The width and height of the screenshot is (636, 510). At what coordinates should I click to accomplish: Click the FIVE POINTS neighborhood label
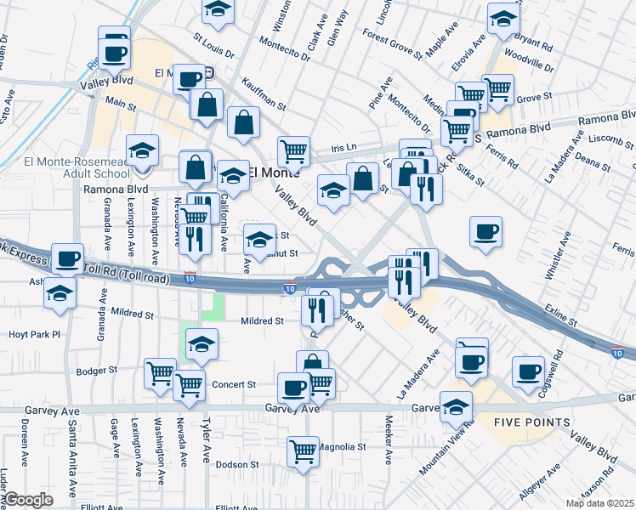pyautogui.click(x=532, y=422)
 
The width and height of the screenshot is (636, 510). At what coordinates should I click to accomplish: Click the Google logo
pyautogui.click(x=28, y=500)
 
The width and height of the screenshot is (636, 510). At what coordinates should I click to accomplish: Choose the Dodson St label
pyautogui.click(x=237, y=465)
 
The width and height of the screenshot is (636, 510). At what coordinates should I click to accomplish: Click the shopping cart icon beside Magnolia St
pyautogui.click(x=304, y=451)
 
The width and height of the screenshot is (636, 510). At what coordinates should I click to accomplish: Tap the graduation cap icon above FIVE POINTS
pyautogui.click(x=457, y=406)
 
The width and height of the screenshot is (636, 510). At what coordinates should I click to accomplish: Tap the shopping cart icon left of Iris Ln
pyautogui.click(x=294, y=151)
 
